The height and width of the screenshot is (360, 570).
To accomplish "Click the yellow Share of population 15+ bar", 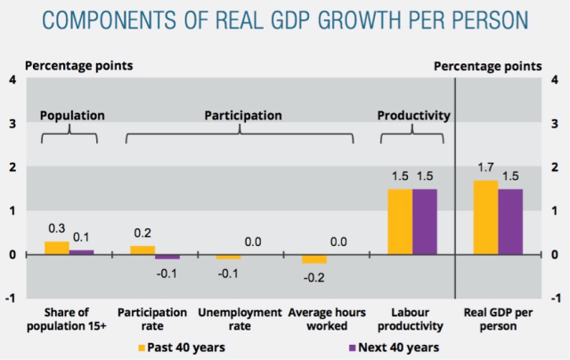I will [57, 248].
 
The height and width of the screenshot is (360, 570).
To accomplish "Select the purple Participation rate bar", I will [167, 257].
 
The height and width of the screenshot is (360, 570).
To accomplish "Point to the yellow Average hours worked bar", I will [313, 258].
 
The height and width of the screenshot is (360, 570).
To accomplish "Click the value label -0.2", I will [313, 277].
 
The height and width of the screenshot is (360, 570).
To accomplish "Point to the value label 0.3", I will [57, 229].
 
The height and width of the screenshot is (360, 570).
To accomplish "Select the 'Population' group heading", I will [72, 115].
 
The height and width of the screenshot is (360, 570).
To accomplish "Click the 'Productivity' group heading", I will [413, 115].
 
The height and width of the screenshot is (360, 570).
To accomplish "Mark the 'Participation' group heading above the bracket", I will [243, 115].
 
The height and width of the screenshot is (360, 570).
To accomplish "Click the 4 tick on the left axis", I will [12, 79].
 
